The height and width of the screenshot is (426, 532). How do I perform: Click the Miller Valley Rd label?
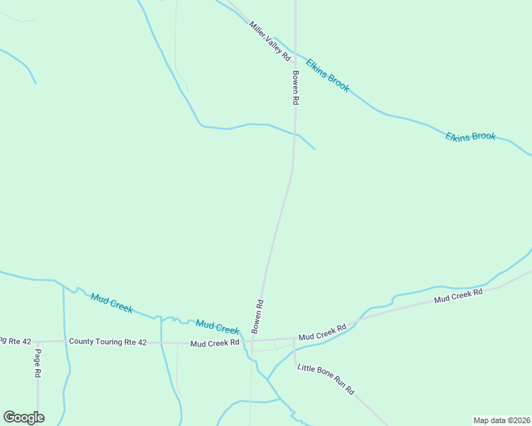[270, 40]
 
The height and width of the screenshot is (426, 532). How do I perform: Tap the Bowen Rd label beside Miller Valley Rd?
[294, 87]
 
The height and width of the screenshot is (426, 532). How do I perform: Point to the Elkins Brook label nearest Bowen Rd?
[328, 75]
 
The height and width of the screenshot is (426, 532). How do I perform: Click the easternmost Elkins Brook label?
[470, 136]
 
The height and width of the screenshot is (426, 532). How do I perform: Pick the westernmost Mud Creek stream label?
[112, 302]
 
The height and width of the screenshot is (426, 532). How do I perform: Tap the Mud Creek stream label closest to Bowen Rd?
[218, 327]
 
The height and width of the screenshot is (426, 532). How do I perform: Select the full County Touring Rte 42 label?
[107, 342]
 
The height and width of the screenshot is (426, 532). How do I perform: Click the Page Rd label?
[38, 363]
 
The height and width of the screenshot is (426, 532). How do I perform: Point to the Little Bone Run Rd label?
[325, 379]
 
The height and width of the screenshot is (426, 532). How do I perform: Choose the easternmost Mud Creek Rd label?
[459, 296]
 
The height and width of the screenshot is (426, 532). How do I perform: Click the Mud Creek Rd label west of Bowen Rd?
[214, 344]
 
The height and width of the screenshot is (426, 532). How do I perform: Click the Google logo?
[23, 417]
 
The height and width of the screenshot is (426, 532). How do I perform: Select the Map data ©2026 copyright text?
[501, 420]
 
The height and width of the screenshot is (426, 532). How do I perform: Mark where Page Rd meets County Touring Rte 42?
[38, 342]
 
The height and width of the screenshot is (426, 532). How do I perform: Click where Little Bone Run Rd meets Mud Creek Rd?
[294, 339]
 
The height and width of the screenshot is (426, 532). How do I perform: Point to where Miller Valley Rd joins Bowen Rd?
[295, 60]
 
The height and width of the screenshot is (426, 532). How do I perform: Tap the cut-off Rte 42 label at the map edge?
[16, 342]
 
